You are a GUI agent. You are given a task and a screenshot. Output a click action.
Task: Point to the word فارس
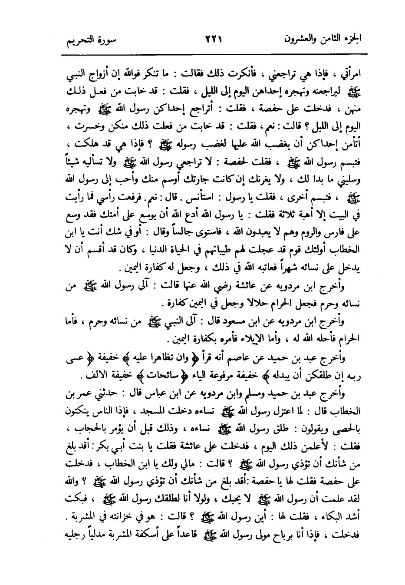pyautogui.click(x=345, y=234)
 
